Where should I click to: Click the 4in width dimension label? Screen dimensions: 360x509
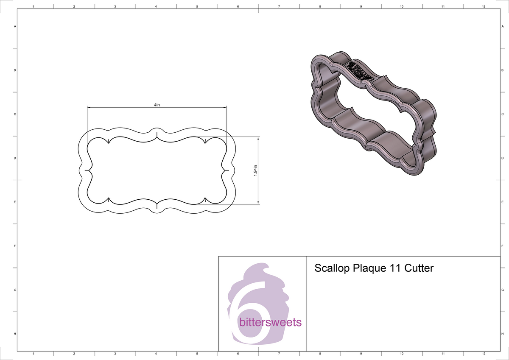[x=157, y=105]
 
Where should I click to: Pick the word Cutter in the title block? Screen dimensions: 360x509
[x=419, y=268]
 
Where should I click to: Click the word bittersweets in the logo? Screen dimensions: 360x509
[x=270, y=323]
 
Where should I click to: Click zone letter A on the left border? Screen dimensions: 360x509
[x=15, y=26]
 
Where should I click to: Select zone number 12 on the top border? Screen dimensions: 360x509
[x=484, y=7]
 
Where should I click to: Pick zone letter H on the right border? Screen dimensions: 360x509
[x=502, y=334]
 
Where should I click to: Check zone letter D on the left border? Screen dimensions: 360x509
[x=15, y=158]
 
